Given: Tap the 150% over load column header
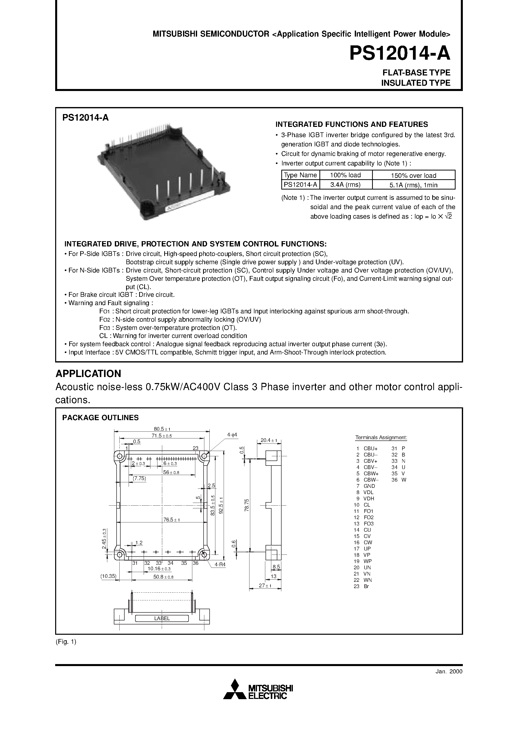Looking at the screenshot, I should [x=413, y=175].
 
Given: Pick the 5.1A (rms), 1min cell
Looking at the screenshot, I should [x=413, y=185].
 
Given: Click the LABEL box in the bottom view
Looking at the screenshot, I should [x=162, y=618].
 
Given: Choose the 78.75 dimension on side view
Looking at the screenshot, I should [x=246, y=505].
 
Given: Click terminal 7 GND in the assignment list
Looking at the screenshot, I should [x=366, y=486].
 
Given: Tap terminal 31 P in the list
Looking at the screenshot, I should [x=399, y=448].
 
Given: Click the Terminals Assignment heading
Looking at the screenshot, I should [x=381, y=437].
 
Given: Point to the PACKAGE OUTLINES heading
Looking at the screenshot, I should [x=100, y=418].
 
